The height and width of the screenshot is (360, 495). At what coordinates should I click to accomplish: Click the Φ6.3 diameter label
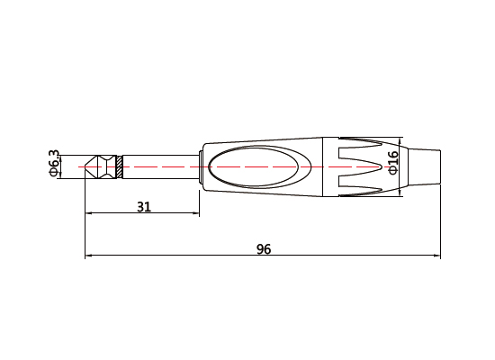click(52, 166)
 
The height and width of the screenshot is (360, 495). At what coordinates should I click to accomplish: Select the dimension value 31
click(143, 206)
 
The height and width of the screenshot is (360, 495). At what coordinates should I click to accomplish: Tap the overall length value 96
click(263, 249)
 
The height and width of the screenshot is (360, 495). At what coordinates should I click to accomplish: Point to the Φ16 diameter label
click(392, 165)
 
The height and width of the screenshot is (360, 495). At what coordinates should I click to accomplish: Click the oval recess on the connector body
click(260, 167)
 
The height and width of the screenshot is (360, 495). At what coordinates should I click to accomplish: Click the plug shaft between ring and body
click(157, 167)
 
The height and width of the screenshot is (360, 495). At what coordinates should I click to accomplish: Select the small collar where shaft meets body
click(195, 167)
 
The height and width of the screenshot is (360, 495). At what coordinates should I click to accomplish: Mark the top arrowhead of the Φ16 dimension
click(400, 142)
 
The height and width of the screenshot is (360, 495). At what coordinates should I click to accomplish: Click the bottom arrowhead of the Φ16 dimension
click(400, 193)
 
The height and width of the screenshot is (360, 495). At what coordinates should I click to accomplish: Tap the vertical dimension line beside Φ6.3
click(61, 167)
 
